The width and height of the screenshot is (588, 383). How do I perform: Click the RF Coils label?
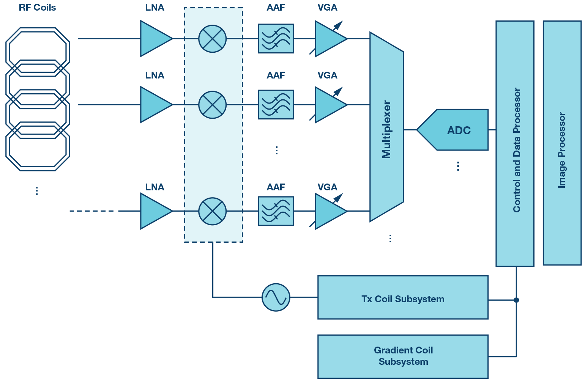pyautogui.click(x=37, y=8)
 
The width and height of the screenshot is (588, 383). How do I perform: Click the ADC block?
pyautogui.click(x=456, y=130)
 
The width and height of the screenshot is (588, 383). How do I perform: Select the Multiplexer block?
pyautogui.click(x=386, y=129)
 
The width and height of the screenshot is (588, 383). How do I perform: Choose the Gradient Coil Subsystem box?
pyautogui.click(x=403, y=356)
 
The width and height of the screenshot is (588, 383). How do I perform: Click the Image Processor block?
pyautogui.click(x=562, y=143)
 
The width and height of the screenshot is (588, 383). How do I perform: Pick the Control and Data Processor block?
pyautogui.click(x=515, y=143)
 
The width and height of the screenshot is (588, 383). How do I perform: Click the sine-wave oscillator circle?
pyautogui.click(x=276, y=297)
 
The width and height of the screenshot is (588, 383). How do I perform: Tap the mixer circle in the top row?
pyautogui.click(x=213, y=39)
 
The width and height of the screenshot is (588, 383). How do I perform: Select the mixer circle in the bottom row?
pyautogui.click(x=213, y=211)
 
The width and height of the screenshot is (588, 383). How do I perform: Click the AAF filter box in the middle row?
pyautogui.click(x=276, y=105)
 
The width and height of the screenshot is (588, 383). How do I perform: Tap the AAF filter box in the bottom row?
pyautogui.click(x=276, y=211)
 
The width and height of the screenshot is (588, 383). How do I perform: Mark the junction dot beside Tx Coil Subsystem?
pyautogui.click(x=516, y=300)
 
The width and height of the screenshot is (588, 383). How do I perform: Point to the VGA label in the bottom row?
pyautogui.click(x=327, y=187)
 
